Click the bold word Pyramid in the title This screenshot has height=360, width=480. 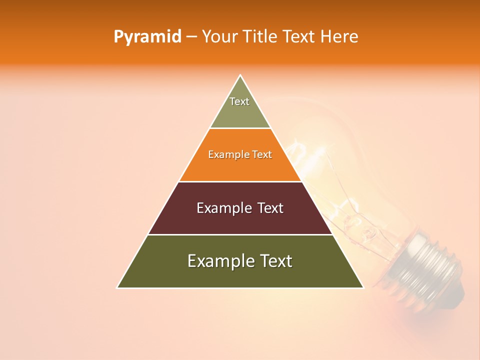147,37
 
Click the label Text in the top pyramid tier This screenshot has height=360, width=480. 239,101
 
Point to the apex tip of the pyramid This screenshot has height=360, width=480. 240,76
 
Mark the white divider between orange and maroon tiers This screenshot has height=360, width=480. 240,181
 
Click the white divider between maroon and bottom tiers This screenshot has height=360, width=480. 240,234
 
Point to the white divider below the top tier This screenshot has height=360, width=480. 240,128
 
